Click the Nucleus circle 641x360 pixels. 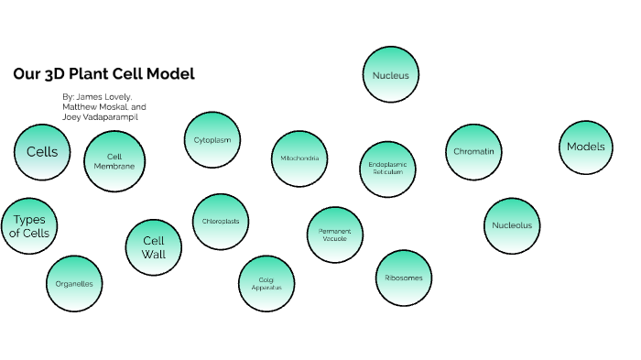click(x=391, y=75)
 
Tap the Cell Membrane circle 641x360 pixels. click(x=114, y=160)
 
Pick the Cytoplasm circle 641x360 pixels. click(x=212, y=140)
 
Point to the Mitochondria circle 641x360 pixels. click(x=299, y=158)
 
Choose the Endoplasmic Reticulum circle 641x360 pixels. click(x=387, y=169)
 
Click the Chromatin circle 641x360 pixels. click(x=474, y=151)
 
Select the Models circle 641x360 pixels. click(x=586, y=147)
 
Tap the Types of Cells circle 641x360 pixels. click(x=29, y=226)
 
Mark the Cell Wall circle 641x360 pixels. click(x=153, y=247)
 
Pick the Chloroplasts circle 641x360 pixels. click(x=221, y=222)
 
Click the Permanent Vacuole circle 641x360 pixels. click(x=335, y=235)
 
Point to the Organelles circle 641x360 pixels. click(x=74, y=284)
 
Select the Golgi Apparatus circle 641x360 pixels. click(x=266, y=283)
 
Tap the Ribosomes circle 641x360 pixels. click(x=404, y=277)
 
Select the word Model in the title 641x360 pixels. click(x=172, y=74)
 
